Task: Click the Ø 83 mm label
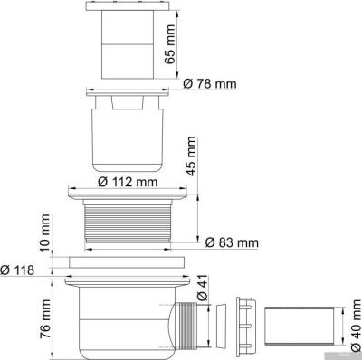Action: click(233, 242)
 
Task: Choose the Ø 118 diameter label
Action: click(20, 270)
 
